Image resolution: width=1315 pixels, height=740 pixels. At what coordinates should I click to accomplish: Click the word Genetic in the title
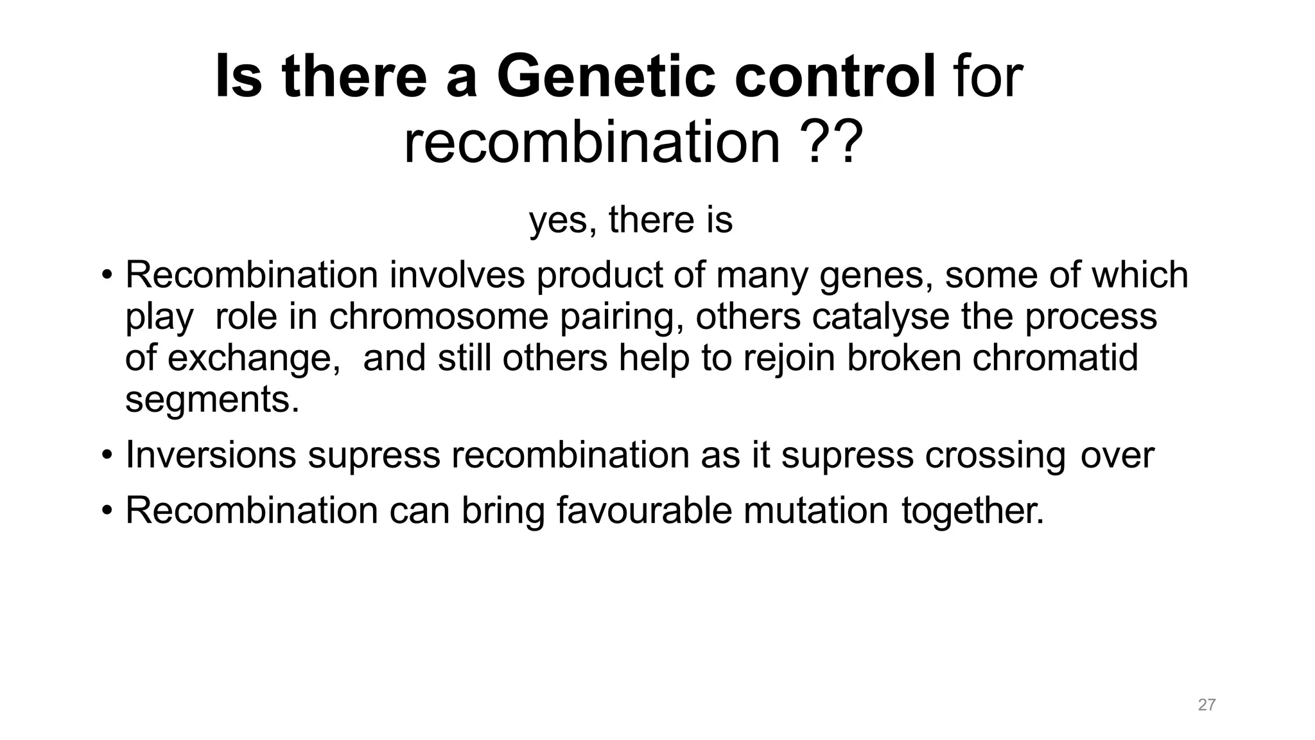(605, 77)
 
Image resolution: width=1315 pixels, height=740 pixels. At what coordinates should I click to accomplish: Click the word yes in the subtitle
(557, 220)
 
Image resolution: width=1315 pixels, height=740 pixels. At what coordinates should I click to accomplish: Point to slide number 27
(1206, 705)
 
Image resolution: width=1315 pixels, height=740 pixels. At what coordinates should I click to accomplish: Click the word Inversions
(211, 455)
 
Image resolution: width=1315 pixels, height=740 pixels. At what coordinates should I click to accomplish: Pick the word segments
(212, 400)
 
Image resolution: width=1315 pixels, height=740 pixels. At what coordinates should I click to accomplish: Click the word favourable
(644, 511)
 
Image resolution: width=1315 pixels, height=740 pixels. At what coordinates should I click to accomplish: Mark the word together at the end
(972, 511)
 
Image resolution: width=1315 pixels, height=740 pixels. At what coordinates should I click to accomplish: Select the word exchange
(253, 358)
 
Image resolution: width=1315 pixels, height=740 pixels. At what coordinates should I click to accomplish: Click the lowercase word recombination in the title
(591, 143)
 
